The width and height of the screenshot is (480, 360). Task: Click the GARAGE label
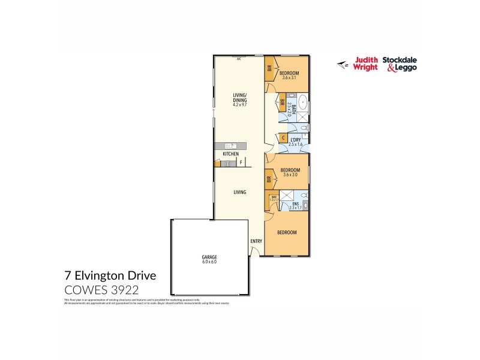(x=209, y=256)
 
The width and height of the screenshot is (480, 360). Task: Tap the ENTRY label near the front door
(x=256, y=241)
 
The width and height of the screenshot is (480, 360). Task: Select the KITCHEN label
(x=230, y=154)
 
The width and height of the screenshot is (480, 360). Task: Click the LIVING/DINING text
(x=240, y=98)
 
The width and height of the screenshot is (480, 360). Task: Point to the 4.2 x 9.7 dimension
(x=240, y=105)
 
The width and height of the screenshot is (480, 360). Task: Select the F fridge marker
(x=241, y=163)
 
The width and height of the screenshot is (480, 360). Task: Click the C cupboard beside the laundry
(x=283, y=137)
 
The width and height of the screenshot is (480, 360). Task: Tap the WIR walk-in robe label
(x=273, y=197)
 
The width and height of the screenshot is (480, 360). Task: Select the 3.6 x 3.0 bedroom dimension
(x=290, y=175)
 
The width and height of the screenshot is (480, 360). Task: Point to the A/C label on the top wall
(x=239, y=59)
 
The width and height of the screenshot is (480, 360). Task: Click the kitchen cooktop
(x=226, y=163)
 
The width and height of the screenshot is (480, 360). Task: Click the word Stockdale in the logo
(x=401, y=60)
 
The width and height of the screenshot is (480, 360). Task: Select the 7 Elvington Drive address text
(x=110, y=276)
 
